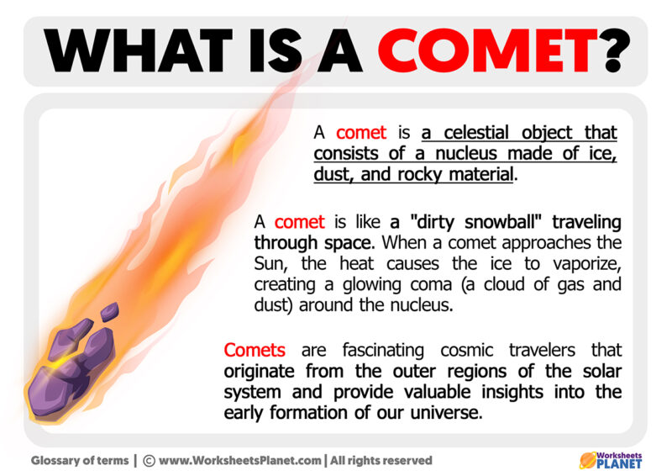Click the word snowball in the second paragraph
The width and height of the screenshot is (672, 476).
(x=516, y=222)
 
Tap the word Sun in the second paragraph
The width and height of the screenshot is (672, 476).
(x=270, y=264)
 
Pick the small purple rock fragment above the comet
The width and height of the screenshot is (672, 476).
(x=108, y=312)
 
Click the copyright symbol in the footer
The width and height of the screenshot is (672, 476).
(x=149, y=460)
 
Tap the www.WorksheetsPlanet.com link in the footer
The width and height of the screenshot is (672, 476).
(x=239, y=460)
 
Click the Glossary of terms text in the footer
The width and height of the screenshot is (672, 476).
(x=81, y=460)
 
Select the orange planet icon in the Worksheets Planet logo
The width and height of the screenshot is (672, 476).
(x=588, y=459)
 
